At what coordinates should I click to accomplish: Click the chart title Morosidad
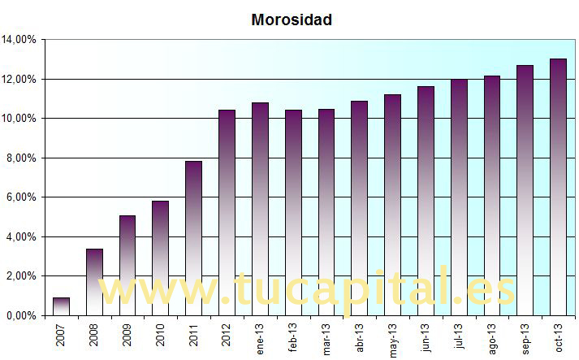click(x=292, y=20)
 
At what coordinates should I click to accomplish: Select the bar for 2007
click(x=61, y=306)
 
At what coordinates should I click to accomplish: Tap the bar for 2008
click(x=94, y=281)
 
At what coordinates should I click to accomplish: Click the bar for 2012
click(x=227, y=211)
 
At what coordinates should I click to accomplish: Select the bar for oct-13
click(x=558, y=186)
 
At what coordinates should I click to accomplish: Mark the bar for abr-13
click(x=359, y=207)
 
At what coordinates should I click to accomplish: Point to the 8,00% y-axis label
click(x=22, y=158)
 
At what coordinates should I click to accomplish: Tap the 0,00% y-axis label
click(x=22, y=315)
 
